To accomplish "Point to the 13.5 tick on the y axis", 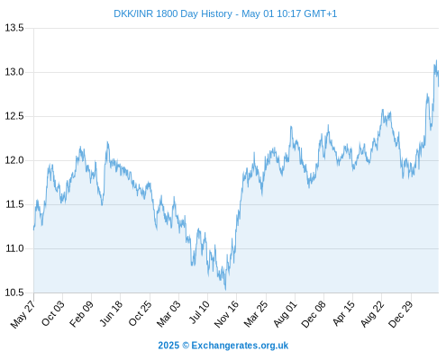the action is click(14, 28).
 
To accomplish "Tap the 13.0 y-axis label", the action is click(14, 72).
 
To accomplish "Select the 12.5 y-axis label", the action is click(14, 116).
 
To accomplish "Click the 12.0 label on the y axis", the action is click(14, 160).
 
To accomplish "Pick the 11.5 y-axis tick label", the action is click(14, 204).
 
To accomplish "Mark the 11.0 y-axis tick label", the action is click(14, 248).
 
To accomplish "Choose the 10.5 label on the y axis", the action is click(14, 292).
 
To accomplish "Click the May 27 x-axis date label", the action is click(23, 314).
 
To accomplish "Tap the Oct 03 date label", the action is click(53, 313).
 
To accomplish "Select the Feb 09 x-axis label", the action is click(81, 313).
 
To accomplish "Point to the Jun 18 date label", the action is click(111, 313).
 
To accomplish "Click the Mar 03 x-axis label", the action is click(168, 313).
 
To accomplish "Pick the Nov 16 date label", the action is click(226, 314).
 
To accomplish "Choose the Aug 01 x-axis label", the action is click(286, 313).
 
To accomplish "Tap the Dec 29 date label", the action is click(401, 314).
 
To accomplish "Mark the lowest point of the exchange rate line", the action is click(225, 290).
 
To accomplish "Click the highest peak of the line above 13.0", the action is click(436, 60).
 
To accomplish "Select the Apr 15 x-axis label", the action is click(343, 313).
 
